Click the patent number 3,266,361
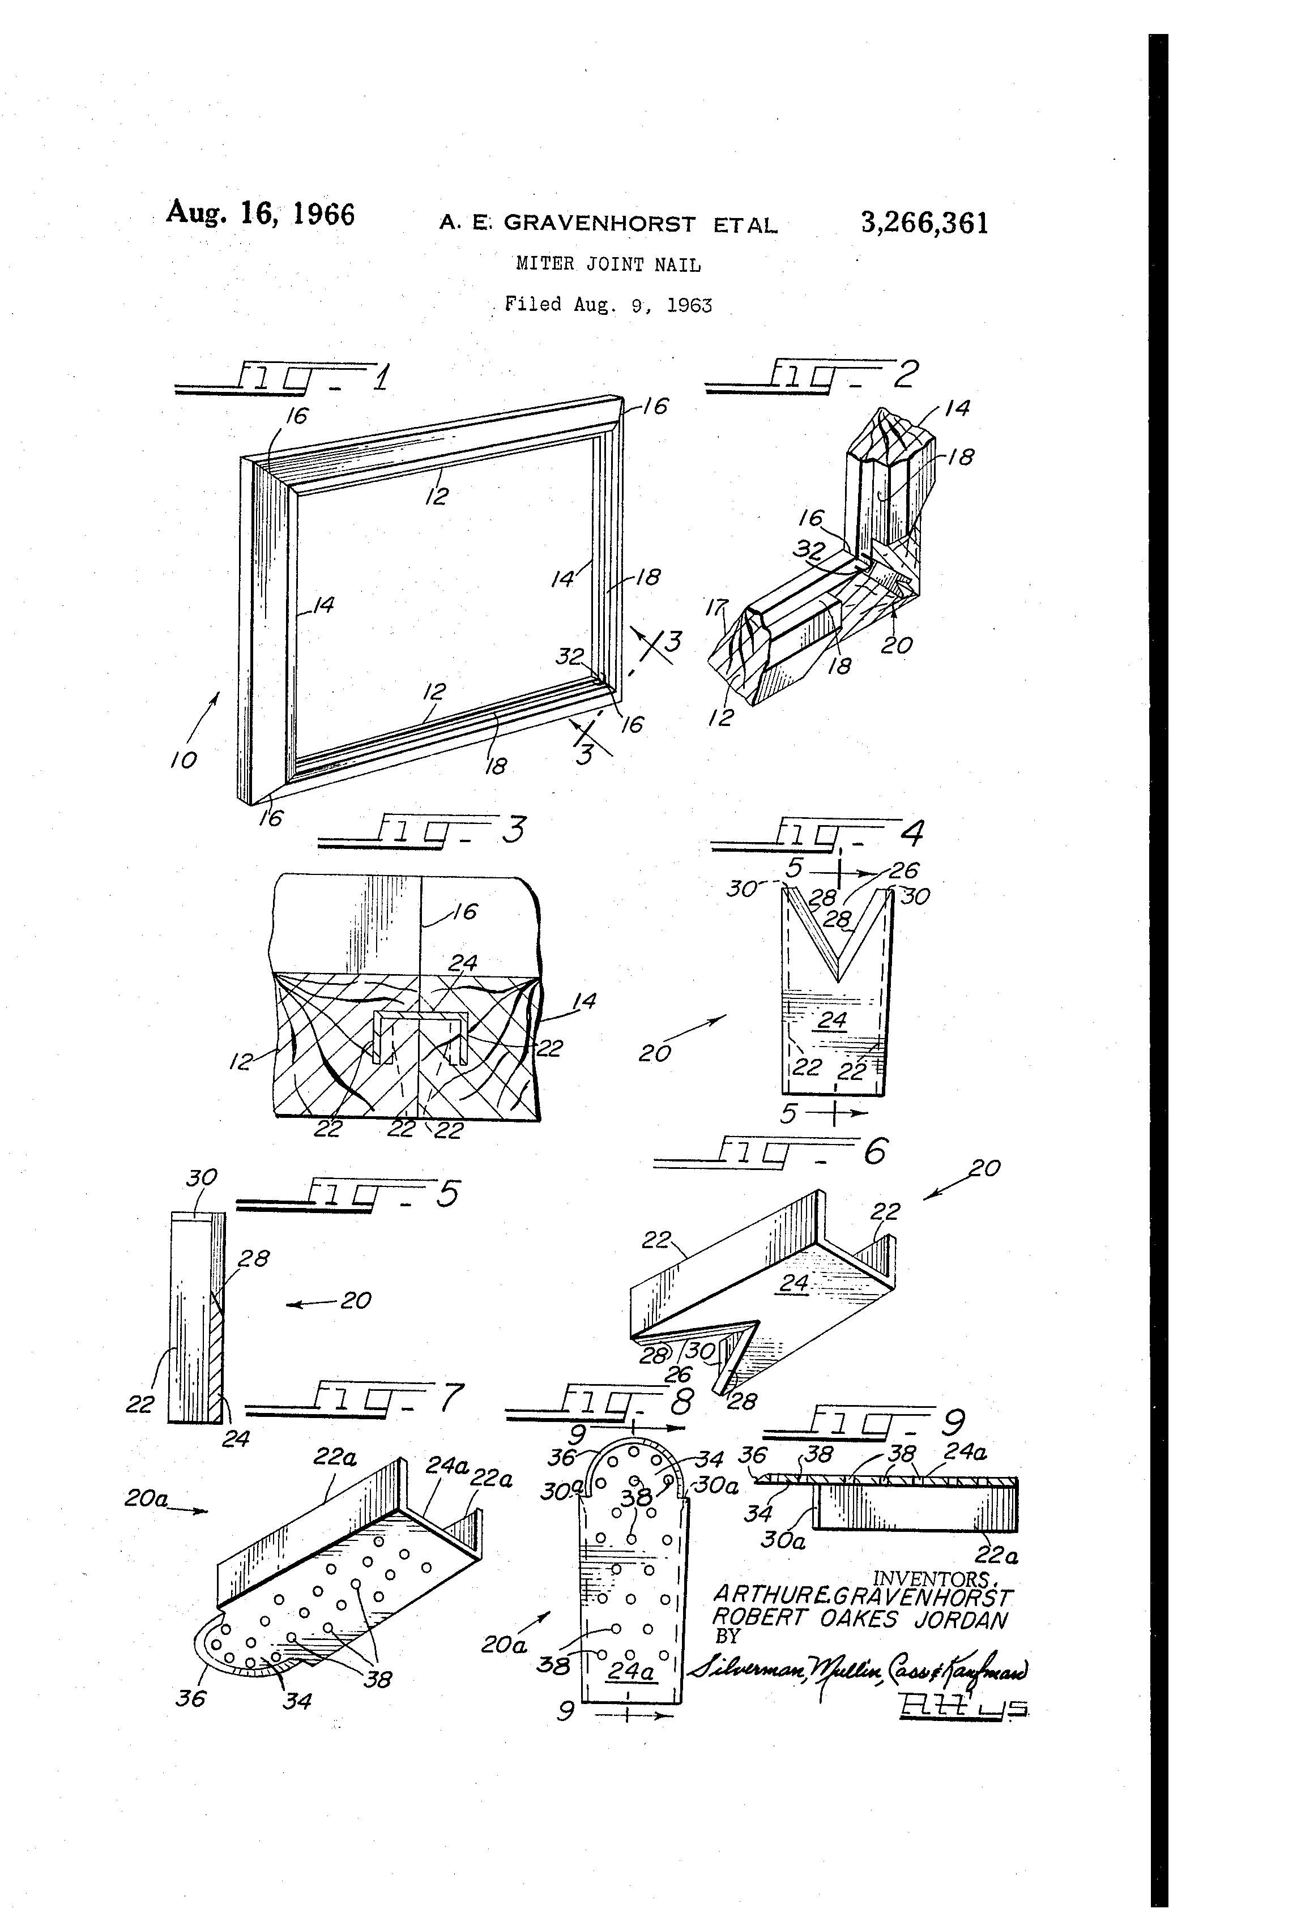pyautogui.click(x=924, y=223)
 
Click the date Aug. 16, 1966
pyautogui.click(x=260, y=214)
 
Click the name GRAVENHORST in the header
pyautogui.click(x=600, y=223)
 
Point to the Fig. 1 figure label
pyautogui.click(x=283, y=378)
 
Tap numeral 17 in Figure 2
pyautogui.click(x=716, y=609)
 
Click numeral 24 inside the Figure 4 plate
pyautogui.click(x=831, y=1020)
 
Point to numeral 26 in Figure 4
pyautogui.click(x=904, y=870)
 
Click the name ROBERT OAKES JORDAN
pyautogui.click(x=860, y=1619)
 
